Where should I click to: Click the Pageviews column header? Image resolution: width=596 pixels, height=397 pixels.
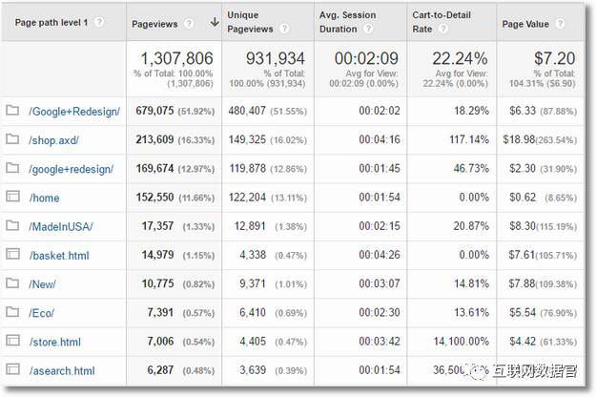(154, 23)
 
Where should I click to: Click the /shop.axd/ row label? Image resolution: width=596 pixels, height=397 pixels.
(54, 140)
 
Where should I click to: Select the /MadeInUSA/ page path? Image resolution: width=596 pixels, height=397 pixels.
(61, 226)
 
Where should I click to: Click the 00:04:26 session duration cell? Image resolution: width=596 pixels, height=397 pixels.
(380, 255)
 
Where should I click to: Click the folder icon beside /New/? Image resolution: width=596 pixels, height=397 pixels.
(12, 283)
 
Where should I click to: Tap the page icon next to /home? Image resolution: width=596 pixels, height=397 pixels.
(12, 198)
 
